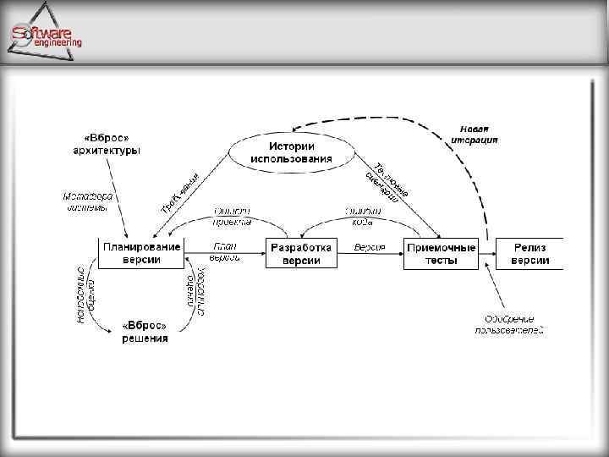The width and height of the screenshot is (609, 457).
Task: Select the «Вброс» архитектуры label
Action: click(107, 144)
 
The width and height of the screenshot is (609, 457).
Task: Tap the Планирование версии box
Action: click(141, 252)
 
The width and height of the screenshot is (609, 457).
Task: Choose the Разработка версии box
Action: click(301, 253)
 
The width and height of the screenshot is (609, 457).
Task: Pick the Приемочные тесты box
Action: click(441, 253)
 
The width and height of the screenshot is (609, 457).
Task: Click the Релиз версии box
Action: click(529, 253)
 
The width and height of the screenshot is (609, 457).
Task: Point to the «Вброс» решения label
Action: click(145, 332)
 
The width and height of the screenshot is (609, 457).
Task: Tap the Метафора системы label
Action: click(87, 202)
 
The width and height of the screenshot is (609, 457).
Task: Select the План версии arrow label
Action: click(225, 251)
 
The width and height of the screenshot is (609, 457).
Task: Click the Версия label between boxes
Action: click(370, 247)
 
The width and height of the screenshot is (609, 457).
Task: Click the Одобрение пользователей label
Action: click(509, 324)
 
